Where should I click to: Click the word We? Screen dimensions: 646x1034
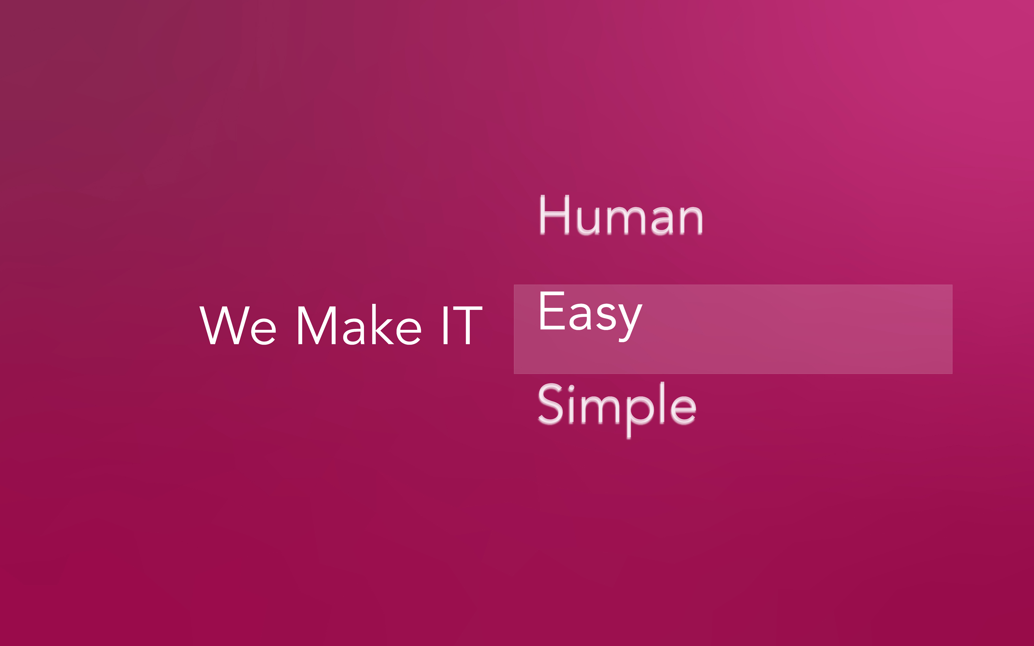[x=238, y=325]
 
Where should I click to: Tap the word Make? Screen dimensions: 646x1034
[x=359, y=325]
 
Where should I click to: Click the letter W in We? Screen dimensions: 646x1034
[x=224, y=325]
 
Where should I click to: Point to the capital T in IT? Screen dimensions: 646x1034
[x=468, y=325]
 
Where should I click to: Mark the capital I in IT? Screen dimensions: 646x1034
[x=445, y=325]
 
